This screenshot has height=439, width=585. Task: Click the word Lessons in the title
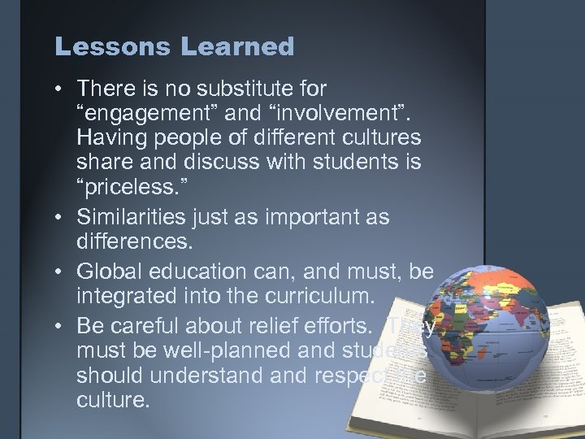(106, 47)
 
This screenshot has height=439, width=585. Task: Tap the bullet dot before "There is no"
(63, 87)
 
